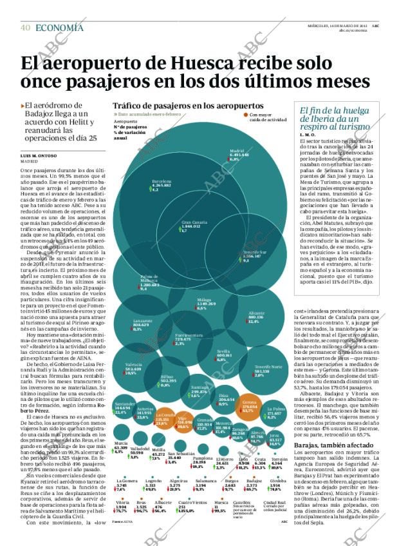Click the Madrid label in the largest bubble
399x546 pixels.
click(x=238, y=152)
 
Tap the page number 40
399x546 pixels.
click(x=26, y=27)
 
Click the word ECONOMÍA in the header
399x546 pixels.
click(x=59, y=27)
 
